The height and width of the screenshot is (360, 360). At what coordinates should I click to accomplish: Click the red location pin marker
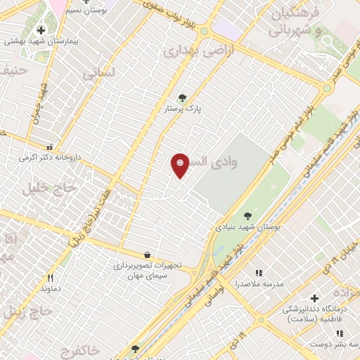tap(180, 165)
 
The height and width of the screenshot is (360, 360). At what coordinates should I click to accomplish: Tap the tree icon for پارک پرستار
tap(183, 98)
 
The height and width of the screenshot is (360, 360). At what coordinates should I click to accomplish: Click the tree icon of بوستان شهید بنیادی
tap(247, 217)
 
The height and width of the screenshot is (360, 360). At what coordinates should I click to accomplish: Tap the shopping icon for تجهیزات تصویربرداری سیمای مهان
tap(147, 255)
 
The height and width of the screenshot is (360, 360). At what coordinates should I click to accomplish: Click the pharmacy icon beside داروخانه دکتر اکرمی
tap(49, 148)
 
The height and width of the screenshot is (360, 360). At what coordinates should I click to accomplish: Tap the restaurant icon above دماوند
tap(50, 278)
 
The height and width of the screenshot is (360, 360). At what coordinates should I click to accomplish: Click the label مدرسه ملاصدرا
tap(259, 283)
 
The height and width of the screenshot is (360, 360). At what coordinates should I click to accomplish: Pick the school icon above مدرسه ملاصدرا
tap(259, 273)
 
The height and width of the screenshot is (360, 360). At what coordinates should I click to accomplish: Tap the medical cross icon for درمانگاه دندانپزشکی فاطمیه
tap(314, 298)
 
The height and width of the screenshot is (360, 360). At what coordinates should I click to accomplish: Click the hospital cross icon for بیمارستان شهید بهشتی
tap(41, 30)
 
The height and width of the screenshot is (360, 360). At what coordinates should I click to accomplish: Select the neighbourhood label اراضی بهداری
tap(193, 51)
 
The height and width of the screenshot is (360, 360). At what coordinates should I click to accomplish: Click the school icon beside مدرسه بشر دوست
tap(339, 334)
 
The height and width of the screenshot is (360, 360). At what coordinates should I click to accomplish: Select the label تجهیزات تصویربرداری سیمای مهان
tap(148, 270)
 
